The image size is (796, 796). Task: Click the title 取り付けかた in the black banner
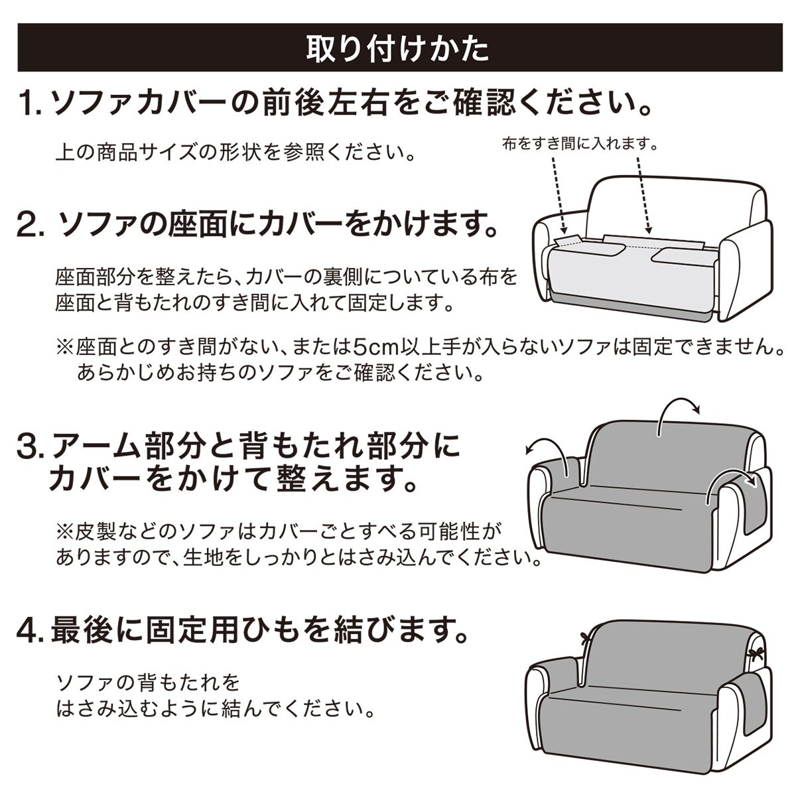click(x=397, y=48)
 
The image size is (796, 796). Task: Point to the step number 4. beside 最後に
click(x=32, y=631)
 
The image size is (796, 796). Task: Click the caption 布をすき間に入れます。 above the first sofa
click(x=580, y=144)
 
